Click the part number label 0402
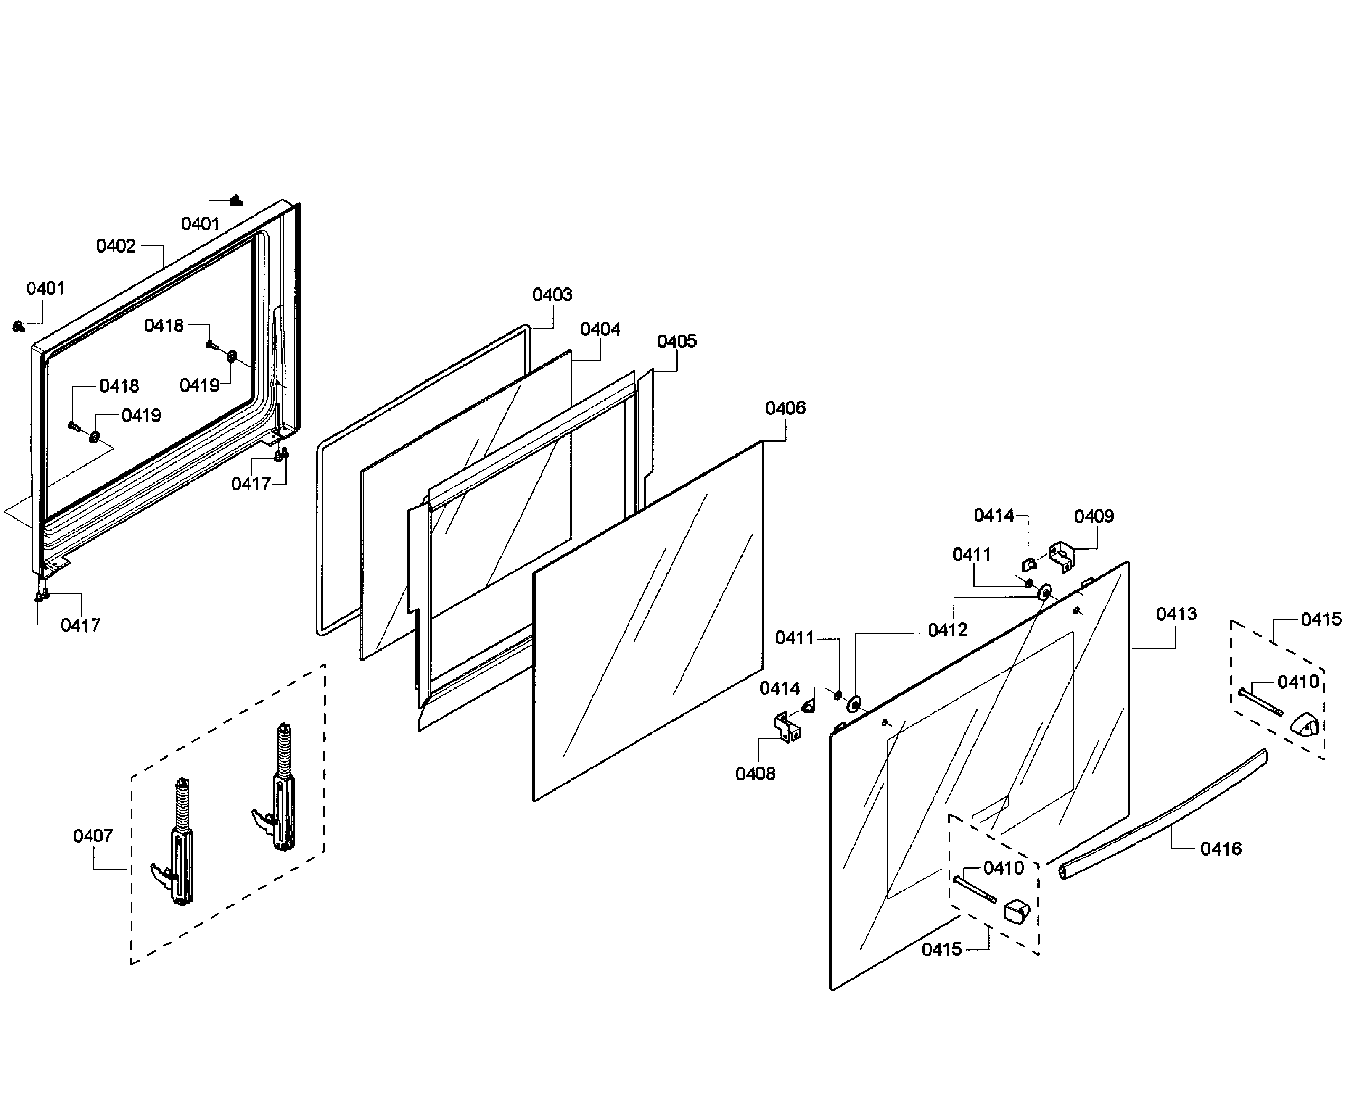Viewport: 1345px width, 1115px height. (115, 246)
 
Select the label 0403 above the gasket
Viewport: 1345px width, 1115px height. (552, 294)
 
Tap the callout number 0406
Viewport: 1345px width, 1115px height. (785, 408)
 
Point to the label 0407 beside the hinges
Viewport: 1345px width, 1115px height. (92, 836)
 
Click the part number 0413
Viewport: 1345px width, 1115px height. (1176, 614)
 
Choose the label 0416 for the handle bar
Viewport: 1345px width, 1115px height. (1221, 849)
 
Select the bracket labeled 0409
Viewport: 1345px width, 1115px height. (1061, 556)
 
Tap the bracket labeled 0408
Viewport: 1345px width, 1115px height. (787, 727)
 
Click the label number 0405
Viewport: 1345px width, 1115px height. (676, 341)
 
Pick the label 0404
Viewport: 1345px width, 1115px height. (600, 329)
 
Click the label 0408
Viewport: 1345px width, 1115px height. (755, 774)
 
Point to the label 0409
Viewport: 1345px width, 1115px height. (1093, 516)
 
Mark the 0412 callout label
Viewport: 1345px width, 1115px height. (947, 630)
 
